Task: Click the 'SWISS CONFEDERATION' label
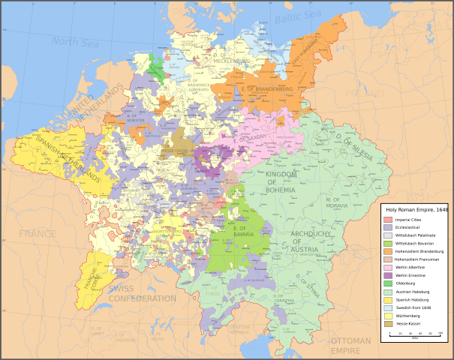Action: [142, 293]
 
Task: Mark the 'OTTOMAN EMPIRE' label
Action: [350, 346]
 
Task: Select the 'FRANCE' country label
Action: [38, 234]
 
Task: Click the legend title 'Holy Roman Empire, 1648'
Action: [416, 210]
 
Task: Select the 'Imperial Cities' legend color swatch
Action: [388, 220]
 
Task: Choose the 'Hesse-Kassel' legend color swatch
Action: [388, 323]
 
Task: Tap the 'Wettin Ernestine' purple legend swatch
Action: [388, 274]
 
